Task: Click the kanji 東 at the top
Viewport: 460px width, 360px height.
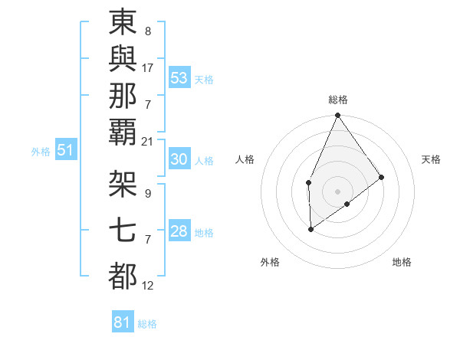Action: coord(123,23)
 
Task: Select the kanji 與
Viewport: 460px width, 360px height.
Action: coord(123,59)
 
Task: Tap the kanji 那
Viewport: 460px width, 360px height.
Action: coord(123,96)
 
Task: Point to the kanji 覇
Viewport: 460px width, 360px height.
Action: coord(123,133)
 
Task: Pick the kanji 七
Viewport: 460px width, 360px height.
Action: coord(123,230)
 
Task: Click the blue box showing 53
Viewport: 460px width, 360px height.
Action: coord(179,78)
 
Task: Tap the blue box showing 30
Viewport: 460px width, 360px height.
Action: coord(179,159)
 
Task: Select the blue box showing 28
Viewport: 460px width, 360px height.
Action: coord(179,232)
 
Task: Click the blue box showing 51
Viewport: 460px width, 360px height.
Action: coord(65,150)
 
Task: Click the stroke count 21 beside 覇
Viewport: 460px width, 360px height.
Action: coord(148,141)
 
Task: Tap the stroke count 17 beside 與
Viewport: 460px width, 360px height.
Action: coord(148,67)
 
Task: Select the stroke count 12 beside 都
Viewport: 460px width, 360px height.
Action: coord(148,286)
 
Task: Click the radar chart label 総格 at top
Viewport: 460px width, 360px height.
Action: coord(337,100)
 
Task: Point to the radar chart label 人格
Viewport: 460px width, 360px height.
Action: coord(245,159)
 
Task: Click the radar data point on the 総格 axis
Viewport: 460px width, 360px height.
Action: coord(337,116)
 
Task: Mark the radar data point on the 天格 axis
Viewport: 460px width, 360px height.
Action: coord(382,178)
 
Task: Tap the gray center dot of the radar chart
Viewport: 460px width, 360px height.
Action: coord(337,191)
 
